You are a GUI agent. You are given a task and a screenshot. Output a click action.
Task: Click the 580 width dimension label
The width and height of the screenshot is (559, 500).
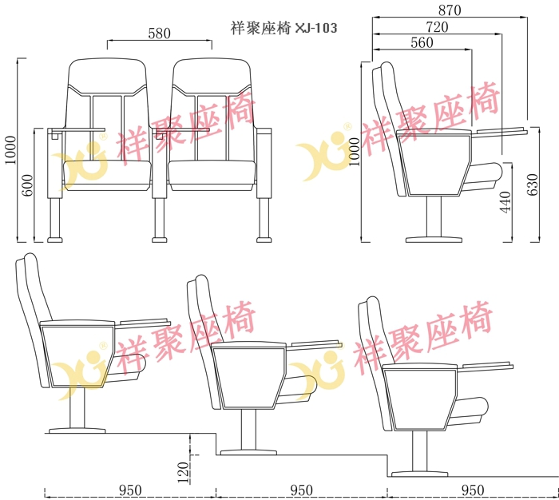[160, 34]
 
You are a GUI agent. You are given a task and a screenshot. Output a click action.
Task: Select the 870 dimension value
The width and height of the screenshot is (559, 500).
[450, 10]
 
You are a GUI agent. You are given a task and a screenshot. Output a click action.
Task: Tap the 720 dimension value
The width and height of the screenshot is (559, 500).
[437, 27]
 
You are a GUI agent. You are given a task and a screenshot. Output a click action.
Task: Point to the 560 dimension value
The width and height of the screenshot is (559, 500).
[422, 43]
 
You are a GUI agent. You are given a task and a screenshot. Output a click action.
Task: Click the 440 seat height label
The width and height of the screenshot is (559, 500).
[505, 202]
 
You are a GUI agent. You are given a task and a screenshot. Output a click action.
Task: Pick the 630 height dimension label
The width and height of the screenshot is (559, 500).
[533, 185]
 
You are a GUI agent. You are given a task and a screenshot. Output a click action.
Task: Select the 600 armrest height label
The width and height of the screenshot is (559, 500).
[27, 185]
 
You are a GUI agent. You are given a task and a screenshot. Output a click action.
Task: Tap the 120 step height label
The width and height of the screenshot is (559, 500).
[183, 473]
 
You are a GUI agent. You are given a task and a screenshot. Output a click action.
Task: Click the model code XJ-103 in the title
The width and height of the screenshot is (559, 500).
[316, 28]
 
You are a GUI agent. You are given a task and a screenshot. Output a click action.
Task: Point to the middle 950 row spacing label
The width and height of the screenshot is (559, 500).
[301, 490]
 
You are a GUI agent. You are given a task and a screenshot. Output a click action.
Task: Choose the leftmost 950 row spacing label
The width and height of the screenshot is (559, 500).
[130, 490]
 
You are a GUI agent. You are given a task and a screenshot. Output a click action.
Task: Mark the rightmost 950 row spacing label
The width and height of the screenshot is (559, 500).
[473, 490]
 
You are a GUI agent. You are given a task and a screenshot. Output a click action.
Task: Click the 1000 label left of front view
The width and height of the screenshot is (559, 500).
[10, 150]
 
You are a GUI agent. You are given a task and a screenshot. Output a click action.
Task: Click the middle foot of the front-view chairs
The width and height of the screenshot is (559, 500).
[160, 240]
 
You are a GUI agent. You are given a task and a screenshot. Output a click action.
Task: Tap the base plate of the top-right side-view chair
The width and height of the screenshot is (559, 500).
[434, 240]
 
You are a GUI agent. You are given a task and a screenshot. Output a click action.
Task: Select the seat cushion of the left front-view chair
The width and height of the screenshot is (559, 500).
[107, 175]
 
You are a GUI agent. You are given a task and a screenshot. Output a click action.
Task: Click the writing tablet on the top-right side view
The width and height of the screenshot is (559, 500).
[502, 131]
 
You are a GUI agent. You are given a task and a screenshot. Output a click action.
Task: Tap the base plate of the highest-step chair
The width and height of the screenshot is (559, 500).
[77, 431]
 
